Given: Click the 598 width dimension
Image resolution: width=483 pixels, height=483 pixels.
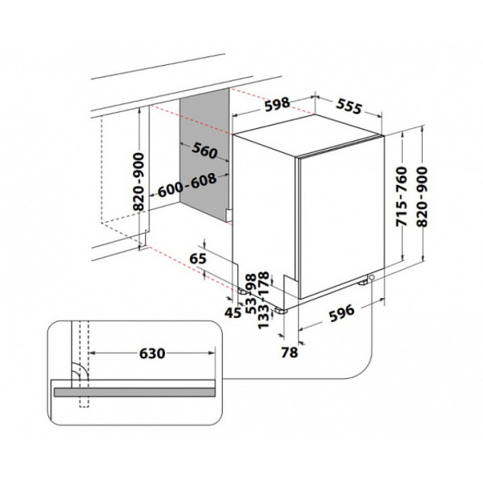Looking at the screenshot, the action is (x=277, y=105).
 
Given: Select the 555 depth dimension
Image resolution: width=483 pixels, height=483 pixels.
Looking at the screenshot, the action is (x=349, y=106).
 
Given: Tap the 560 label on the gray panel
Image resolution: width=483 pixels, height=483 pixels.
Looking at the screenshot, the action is (x=204, y=151).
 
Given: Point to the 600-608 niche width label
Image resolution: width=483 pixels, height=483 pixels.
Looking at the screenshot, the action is (x=188, y=185).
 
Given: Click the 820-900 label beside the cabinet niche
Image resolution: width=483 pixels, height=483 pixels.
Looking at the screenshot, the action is (x=138, y=182).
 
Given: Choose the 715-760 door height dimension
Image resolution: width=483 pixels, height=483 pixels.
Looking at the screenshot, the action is (x=402, y=196).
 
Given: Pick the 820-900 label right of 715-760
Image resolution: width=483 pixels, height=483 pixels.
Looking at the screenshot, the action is (x=423, y=196).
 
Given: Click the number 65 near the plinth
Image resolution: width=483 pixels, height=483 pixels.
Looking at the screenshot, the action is (x=198, y=258).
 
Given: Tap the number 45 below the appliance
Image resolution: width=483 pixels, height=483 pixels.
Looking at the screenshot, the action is (x=233, y=313).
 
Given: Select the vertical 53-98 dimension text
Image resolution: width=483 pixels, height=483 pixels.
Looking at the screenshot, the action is (x=251, y=294).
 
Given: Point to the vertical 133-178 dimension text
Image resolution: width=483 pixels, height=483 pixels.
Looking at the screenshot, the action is (x=263, y=300).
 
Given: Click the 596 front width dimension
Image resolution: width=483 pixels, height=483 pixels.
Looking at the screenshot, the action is (x=341, y=313).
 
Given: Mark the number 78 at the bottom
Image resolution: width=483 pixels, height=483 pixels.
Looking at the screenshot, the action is (x=290, y=353).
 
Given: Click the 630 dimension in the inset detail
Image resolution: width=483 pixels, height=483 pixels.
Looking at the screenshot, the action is (x=152, y=353).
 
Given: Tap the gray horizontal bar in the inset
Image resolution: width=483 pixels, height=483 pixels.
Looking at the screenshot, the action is (x=134, y=392).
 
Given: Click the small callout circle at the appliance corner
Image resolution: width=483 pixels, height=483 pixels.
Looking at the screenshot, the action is (x=372, y=278).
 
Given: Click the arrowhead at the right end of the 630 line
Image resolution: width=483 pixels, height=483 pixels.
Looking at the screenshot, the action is (x=212, y=353).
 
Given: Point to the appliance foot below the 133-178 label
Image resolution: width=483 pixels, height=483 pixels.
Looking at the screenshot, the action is (x=282, y=311).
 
